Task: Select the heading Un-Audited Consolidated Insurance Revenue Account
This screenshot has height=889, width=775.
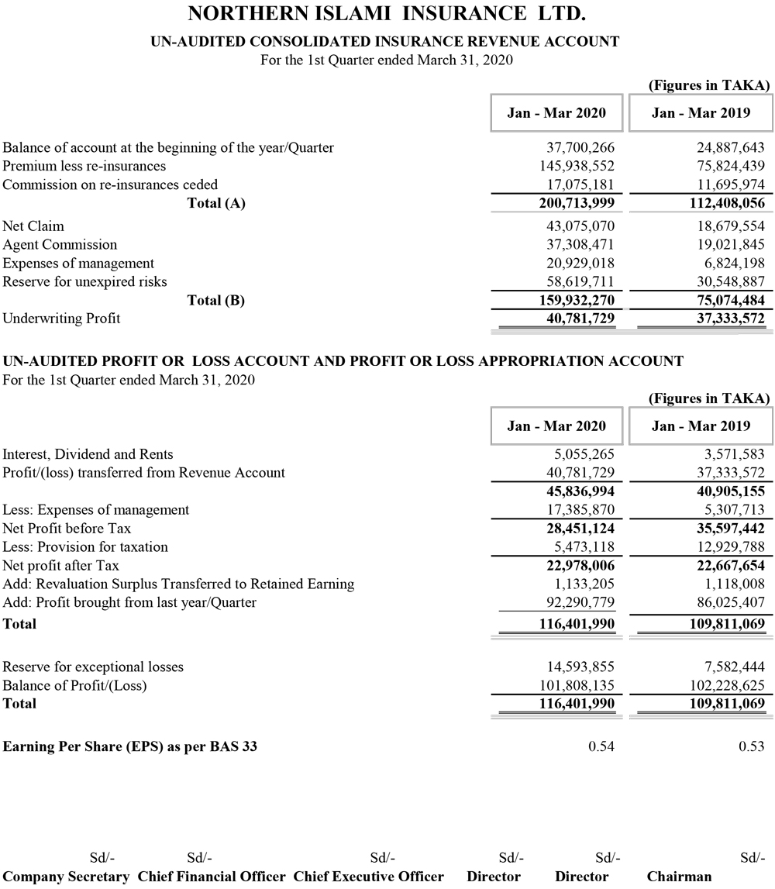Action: coord(385,42)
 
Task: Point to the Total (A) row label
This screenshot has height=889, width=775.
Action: coord(216,204)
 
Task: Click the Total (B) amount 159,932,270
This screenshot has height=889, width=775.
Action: coord(571,301)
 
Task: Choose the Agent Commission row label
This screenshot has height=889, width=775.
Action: coord(60,245)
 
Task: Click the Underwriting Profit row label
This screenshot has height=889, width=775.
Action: coord(61,319)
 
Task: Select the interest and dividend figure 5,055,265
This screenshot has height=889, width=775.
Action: coord(580,454)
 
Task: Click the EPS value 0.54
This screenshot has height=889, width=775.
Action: coord(601,747)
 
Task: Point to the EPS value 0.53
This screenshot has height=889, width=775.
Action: coord(752,747)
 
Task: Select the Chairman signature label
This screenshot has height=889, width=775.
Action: coord(679,877)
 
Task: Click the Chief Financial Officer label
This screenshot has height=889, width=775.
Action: coord(212,877)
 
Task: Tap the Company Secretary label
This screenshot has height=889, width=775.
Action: coord(66,877)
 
